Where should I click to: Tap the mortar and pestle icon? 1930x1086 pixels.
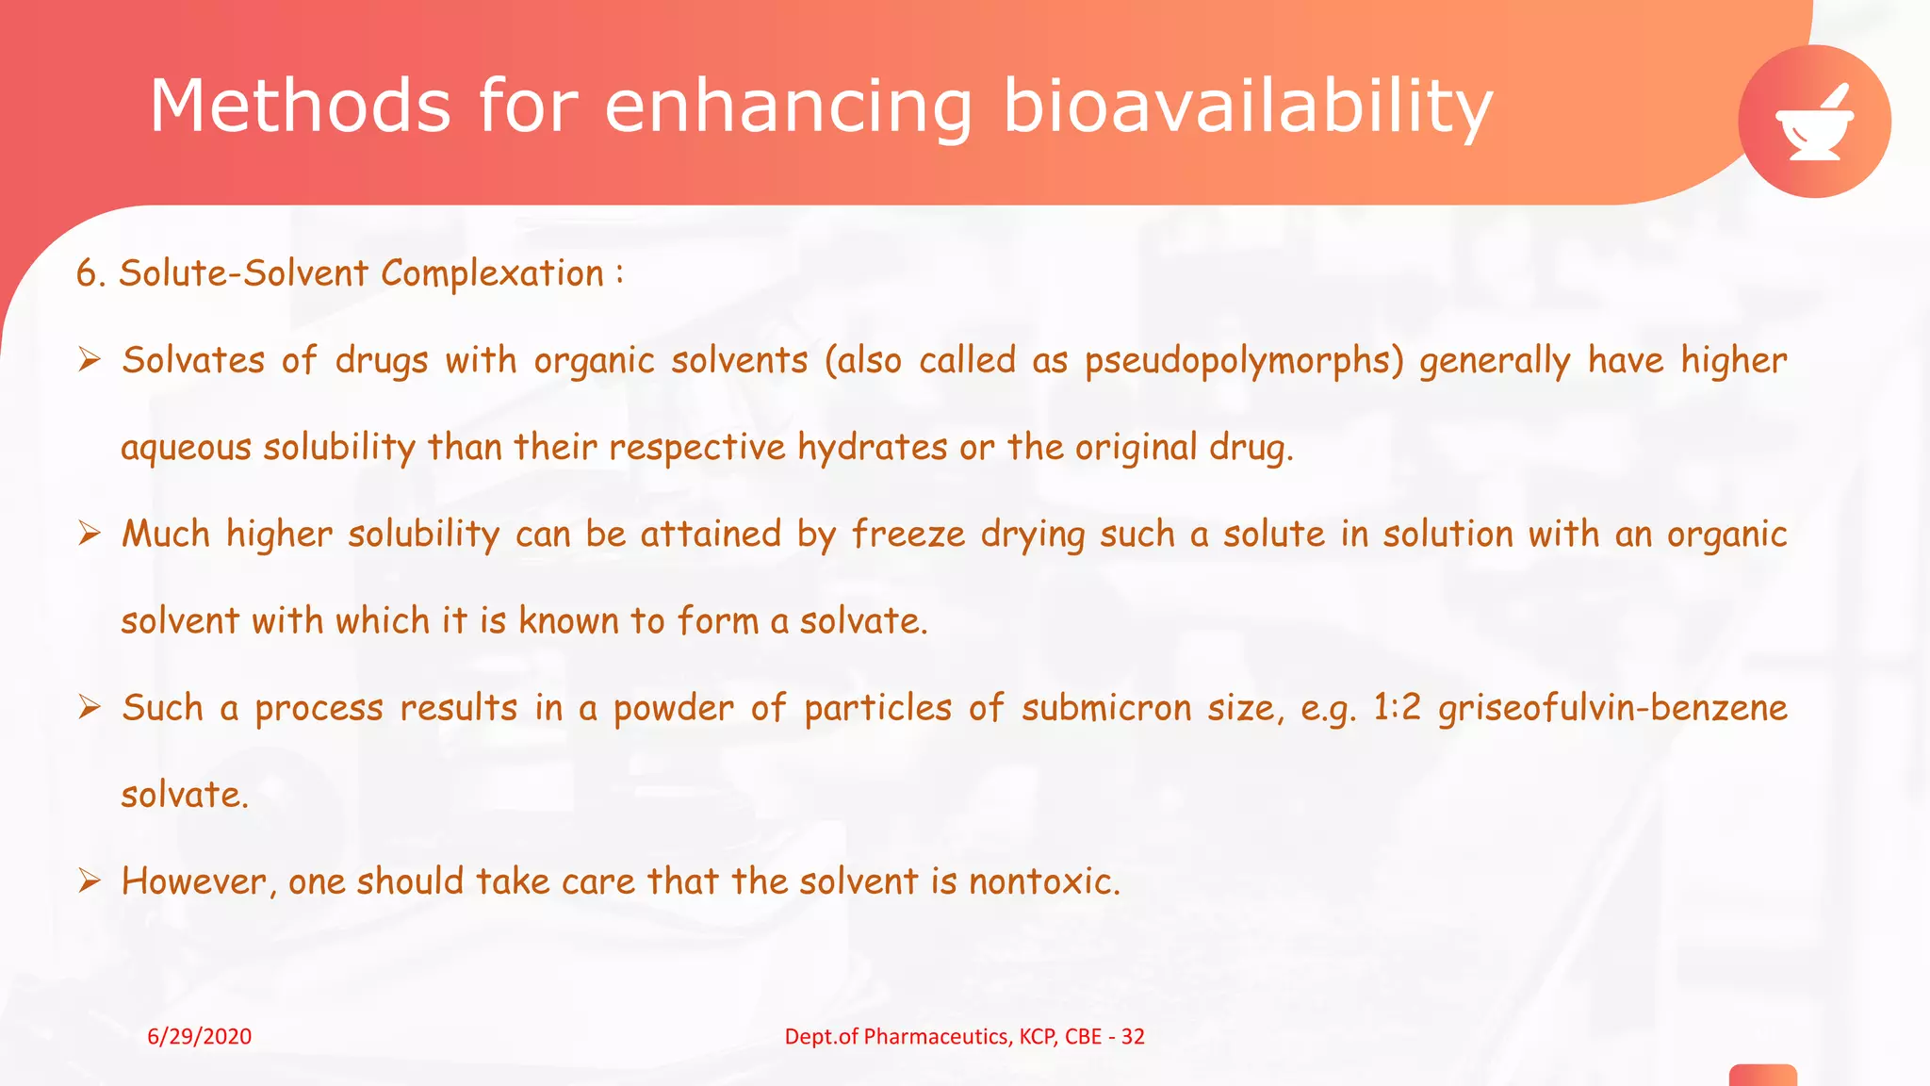tap(1814, 123)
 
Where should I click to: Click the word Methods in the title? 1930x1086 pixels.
tap(300, 106)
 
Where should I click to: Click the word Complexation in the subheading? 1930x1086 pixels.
tap(492, 273)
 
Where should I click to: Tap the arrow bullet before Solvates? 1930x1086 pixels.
tap(90, 360)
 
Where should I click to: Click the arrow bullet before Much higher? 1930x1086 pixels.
tap(90, 534)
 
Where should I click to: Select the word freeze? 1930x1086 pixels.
tap(908, 535)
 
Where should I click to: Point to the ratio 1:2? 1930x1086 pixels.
tap(1397, 708)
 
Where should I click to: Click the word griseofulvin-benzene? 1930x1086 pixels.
tap(1612, 708)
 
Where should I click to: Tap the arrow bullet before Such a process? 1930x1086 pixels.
tap(90, 707)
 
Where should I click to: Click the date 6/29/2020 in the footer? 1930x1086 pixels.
tap(200, 1037)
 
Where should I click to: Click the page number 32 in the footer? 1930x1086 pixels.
tap(1133, 1037)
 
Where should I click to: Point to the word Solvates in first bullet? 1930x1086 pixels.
tap(193, 361)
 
